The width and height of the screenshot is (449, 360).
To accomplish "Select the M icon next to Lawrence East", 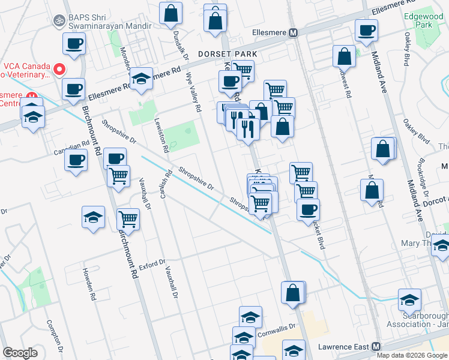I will click(376, 346).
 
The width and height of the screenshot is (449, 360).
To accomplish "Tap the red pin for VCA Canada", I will click(59, 69).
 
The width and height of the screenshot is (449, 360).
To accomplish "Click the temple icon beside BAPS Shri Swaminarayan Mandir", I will click(59, 20).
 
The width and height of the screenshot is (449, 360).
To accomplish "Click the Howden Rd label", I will click(90, 283).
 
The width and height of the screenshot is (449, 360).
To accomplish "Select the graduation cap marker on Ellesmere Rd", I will click(141, 79).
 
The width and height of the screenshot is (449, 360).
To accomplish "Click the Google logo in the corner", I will click(20, 353).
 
